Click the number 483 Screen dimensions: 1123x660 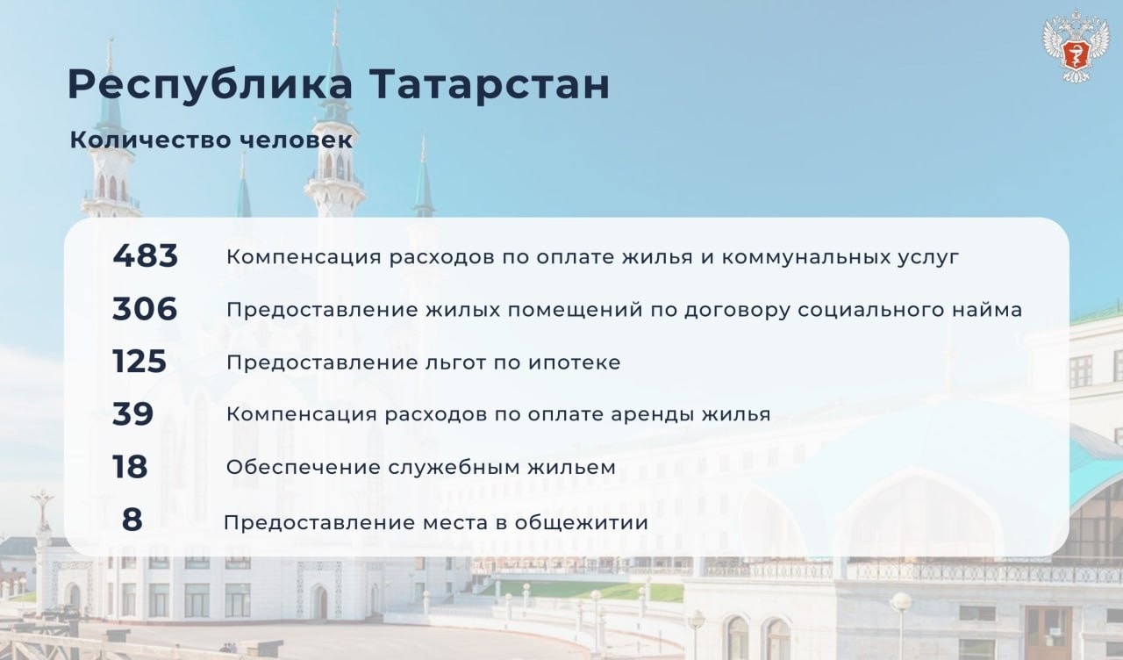146,255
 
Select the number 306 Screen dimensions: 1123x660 145,308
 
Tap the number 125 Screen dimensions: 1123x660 139,361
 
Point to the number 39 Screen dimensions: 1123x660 132,414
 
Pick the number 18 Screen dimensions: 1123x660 130,467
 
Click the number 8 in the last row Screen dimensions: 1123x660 132,520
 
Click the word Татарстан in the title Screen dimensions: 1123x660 490,84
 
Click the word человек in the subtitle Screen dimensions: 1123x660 297,140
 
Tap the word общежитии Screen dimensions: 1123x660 582,523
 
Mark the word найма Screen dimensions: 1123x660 984,310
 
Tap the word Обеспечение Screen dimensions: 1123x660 304,468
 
